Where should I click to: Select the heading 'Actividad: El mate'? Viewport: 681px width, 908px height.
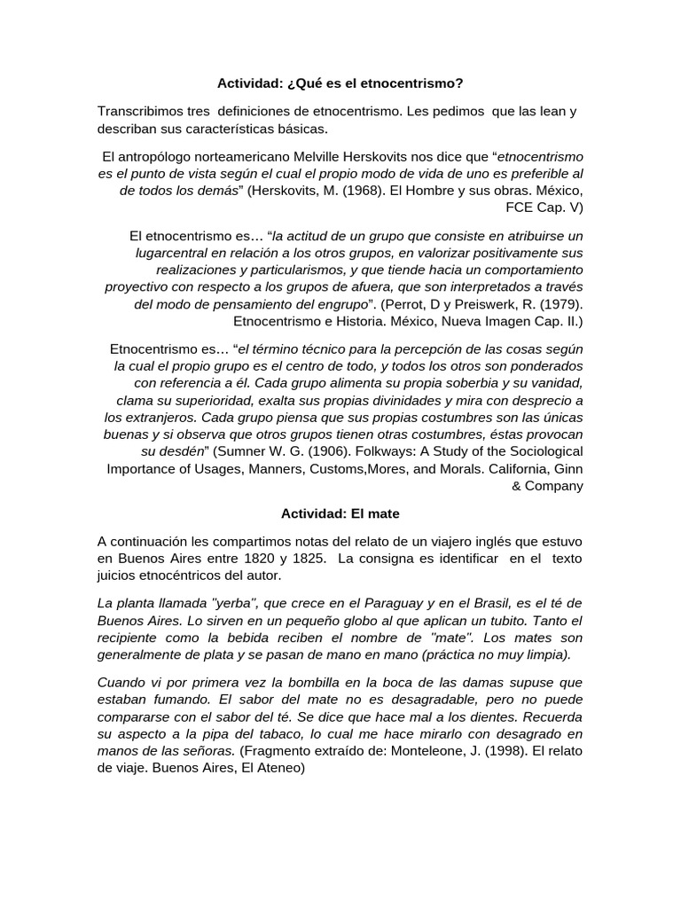(340, 513)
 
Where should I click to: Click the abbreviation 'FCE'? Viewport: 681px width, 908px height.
(521, 207)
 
